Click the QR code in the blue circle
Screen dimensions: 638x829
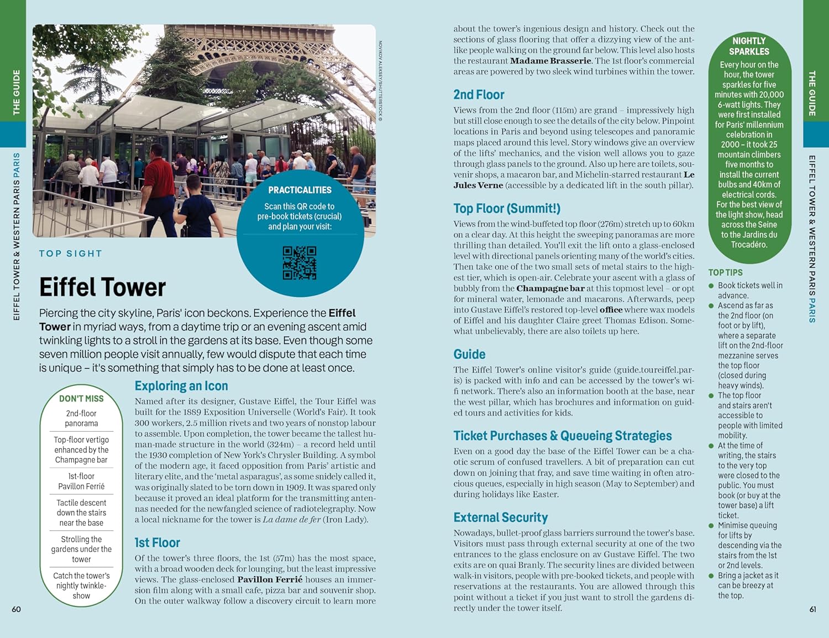(300, 263)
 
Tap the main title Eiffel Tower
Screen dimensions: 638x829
(102, 287)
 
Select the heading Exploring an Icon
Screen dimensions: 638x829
(181, 386)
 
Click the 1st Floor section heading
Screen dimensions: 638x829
(158, 542)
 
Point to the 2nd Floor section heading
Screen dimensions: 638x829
(479, 95)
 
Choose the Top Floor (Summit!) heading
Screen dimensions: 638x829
(507, 208)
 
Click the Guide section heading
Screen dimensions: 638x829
(469, 354)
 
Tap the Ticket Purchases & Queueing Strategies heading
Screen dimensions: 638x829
(563, 436)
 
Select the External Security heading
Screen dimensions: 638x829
(501, 517)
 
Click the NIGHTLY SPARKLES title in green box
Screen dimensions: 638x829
(749, 46)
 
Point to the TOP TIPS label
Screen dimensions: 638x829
(725, 273)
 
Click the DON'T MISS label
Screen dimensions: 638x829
(81, 399)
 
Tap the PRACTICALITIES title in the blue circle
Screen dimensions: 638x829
(300, 190)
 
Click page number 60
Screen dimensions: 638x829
(17, 609)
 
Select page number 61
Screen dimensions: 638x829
(812, 609)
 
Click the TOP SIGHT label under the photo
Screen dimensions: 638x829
(70, 254)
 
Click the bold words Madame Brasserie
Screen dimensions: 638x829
(550, 61)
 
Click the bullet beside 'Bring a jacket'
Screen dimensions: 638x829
(711, 576)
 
